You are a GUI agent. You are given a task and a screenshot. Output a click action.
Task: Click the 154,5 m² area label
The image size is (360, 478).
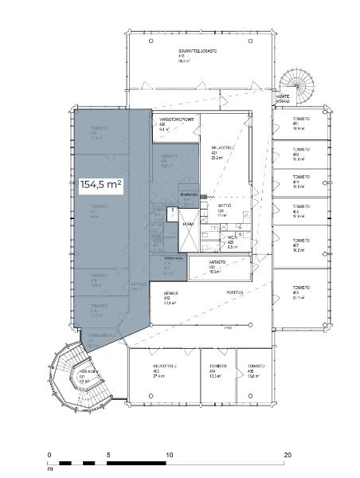point(100,184)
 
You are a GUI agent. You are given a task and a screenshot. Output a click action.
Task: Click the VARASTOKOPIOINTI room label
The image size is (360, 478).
point(178,122)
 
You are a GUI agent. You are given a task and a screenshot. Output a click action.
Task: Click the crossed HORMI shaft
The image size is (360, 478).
point(189,224)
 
